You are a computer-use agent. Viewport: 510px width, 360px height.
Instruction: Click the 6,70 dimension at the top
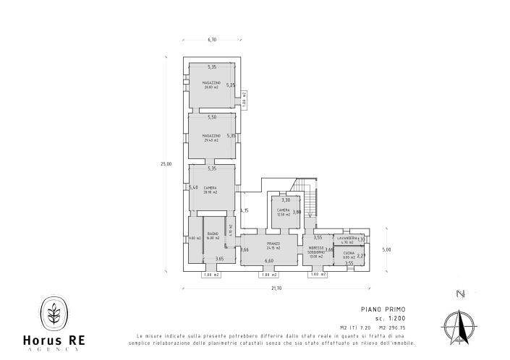(212, 40)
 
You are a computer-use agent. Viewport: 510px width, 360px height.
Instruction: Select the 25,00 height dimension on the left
(166, 164)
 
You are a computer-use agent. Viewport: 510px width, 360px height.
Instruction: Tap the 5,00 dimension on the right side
(386, 250)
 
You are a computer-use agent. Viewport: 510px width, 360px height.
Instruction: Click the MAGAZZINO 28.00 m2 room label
(211, 85)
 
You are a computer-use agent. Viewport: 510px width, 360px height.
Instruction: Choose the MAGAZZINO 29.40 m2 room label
(211, 139)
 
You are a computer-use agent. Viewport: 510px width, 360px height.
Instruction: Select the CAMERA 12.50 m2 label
(283, 212)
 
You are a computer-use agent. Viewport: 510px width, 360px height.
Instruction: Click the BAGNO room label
(213, 236)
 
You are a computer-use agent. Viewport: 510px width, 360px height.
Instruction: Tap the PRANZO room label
(272, 246)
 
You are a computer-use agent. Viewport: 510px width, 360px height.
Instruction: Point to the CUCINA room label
(348, 255)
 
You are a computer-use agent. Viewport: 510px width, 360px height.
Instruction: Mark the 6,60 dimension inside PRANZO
(269, 260)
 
